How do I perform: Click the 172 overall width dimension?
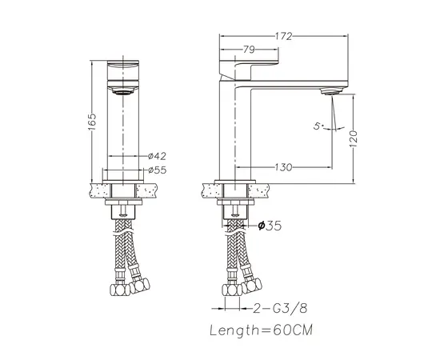283,36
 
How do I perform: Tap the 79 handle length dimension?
249,50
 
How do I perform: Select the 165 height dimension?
92,122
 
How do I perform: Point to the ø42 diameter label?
157,156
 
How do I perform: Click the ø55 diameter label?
157,170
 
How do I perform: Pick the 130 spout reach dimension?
283,167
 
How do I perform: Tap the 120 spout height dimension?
354,139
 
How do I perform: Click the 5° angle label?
318,126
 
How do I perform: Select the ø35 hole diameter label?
270,226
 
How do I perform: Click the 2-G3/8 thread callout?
280,308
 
